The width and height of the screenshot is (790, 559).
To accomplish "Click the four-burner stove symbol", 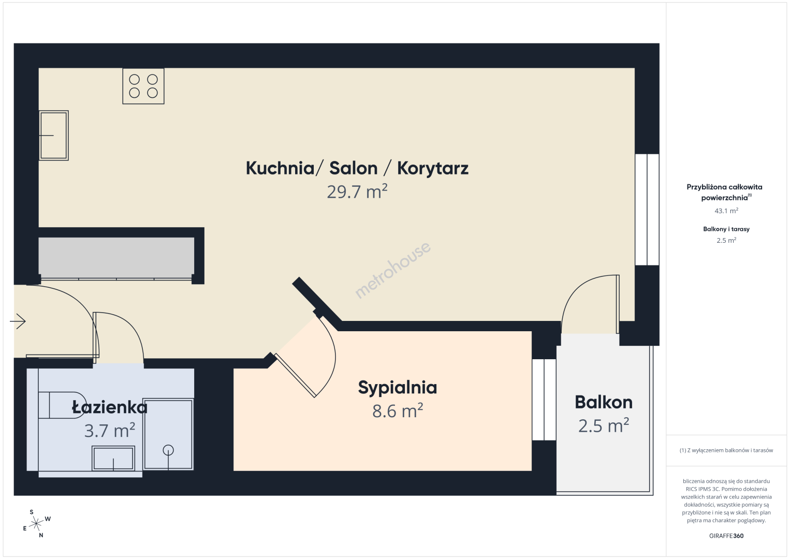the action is tap(143, 86).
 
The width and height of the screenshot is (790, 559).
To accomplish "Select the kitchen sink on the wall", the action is tap(54, 136).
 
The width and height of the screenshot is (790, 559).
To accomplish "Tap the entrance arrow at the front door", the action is tap(18, 321).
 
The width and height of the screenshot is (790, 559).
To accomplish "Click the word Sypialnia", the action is tap(398, 388).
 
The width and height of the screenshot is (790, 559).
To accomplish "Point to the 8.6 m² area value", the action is tap(398, 411).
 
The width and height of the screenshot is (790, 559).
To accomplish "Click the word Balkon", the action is tap(604, 402).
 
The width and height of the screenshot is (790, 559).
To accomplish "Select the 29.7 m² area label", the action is tap(357, 192).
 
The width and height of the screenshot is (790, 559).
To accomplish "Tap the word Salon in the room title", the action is tap(354, 168).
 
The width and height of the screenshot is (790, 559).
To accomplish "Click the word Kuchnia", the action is tap(280, 168).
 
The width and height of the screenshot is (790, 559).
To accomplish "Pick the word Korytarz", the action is tap(433, 168).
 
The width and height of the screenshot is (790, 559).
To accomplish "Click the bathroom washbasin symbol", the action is tap(113, 458).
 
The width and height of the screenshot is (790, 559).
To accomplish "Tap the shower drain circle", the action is tap(168, 450).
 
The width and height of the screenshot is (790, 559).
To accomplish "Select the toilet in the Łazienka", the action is tap(62, 405).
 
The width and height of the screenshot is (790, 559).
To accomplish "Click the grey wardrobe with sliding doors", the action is tap(116, 258).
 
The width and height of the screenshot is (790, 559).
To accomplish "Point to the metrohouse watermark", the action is tap(392, 270).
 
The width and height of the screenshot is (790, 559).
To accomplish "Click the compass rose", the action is tap(36, 524).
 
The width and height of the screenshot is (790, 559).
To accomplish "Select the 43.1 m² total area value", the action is tap(726, 211).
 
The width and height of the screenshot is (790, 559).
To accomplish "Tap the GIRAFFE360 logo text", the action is tap(726, 536).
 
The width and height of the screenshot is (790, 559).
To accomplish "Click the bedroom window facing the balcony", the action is tap(544, 400).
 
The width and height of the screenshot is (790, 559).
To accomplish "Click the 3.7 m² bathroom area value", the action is tap(110, 430).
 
